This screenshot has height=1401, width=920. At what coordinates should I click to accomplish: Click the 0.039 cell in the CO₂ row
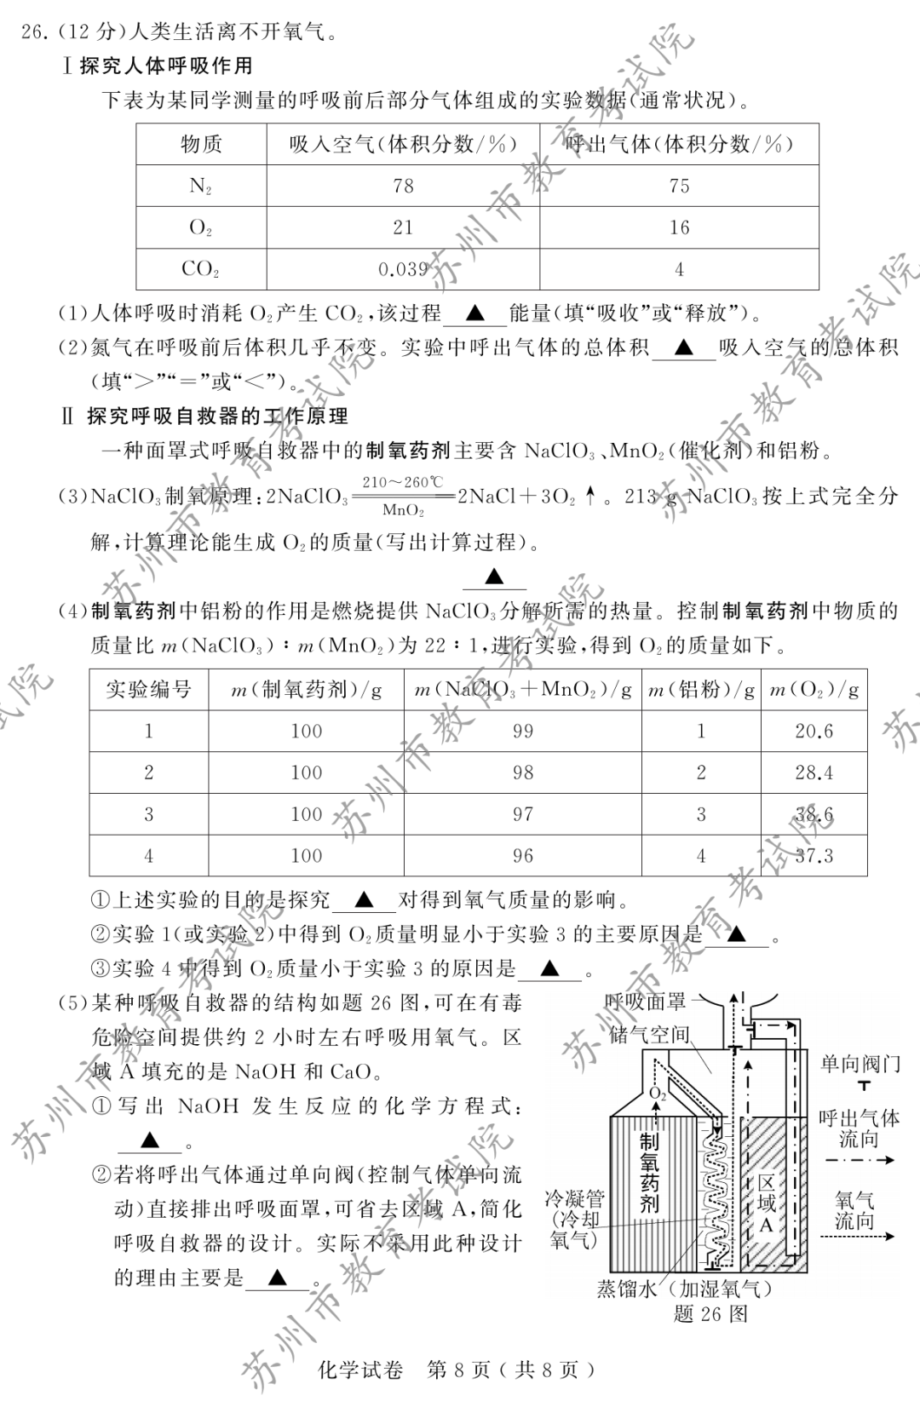tap(403, 269)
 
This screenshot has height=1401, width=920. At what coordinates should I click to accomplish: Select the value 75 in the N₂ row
tap(679, 186)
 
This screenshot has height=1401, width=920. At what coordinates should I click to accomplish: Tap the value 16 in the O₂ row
tap(679, 227)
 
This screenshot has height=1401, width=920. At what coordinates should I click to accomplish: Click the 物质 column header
tap(201, 144)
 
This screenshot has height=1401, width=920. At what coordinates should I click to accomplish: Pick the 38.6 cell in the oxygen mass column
tap(814, 814)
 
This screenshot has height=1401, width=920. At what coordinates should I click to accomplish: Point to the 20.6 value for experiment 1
tap(814, 731)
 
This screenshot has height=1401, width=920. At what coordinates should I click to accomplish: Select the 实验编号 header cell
tap(148, 689)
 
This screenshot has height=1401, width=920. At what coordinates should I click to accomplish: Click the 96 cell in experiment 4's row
tap(522, 855)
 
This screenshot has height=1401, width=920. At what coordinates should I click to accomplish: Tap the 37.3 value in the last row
tap(814, 855)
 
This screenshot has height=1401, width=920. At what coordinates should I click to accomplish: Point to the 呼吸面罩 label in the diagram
tap(645, 1002)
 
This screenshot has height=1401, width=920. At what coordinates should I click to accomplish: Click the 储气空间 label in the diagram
tap(649, 1035)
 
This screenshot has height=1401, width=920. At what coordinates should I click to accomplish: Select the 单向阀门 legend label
tap(860, 1064)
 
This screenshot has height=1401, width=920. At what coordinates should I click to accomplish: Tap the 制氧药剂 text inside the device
tap(649, 1172)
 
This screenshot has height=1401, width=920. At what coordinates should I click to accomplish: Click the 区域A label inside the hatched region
tap(766, 1203)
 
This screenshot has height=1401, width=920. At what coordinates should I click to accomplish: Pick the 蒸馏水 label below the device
tap(627, 1289)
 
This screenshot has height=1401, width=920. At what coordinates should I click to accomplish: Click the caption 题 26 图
tap(710, 1313)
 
